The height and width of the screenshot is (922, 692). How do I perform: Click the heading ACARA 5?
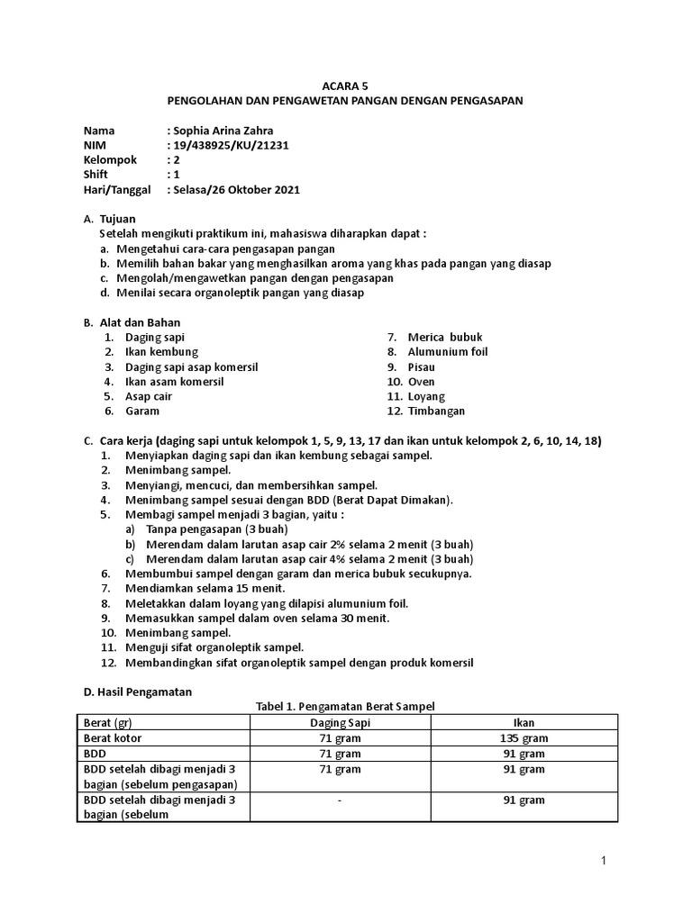click(346, 86)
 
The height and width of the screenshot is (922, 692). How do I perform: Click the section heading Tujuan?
click(117, 219)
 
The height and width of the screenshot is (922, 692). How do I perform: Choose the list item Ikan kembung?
click(161, 351)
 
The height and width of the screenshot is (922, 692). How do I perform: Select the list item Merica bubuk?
click(445, 337)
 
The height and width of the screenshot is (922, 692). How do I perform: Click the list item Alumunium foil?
click(447, 351)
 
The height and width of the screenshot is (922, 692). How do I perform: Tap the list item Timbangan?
click(436, 411)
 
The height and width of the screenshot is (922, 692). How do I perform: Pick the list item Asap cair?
click(149, 396)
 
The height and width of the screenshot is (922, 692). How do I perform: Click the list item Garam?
click(142, 411)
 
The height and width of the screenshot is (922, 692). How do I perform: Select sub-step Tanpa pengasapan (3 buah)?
click(201, 529)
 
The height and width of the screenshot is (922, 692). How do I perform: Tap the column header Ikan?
click(524, 722)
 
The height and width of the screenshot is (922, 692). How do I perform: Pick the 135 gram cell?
click(524, 737)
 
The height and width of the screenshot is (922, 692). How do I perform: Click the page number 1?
click(605, 862)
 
